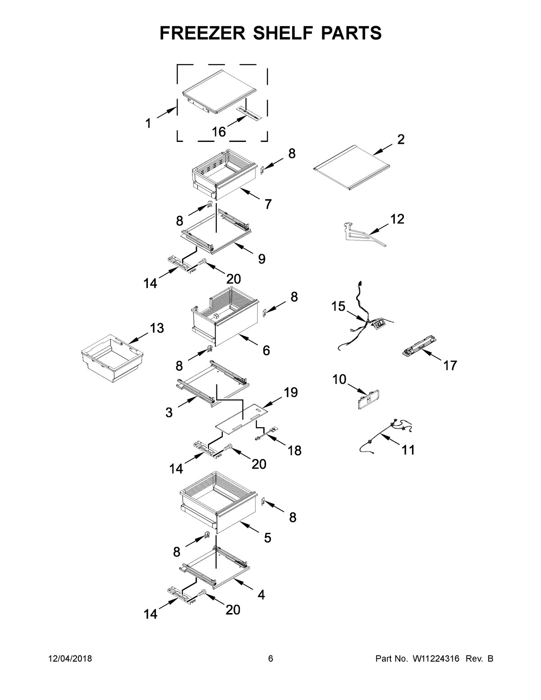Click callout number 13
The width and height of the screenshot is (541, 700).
156,329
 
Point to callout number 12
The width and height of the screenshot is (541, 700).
397,219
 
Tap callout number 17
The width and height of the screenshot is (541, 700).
450,365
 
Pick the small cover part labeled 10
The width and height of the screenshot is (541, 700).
368,400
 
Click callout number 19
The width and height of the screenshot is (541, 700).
291,393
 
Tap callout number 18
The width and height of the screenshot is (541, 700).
294,450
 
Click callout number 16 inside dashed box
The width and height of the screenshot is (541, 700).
219,132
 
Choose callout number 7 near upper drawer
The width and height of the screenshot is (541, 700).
268,205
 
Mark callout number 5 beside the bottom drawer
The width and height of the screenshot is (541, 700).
267,537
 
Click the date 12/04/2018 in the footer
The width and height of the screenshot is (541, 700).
70,659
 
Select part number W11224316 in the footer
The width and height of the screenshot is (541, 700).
435,659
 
